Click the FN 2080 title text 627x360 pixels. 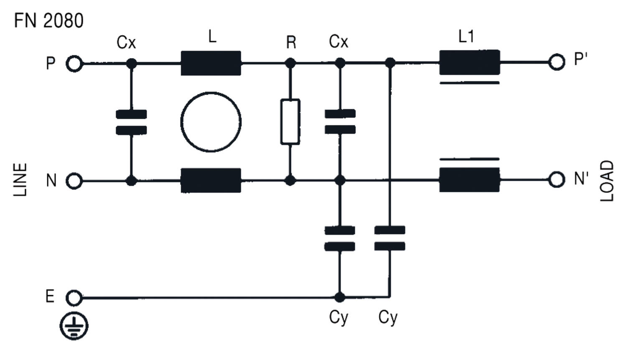[x=48, y=20]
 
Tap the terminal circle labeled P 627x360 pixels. [x=74, y=64]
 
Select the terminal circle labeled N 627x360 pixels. [x=74, y=181]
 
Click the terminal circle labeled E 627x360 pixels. [x=74, y=298]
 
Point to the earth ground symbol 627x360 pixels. [x=74, y=326]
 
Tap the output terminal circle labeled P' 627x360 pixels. [x=556, y=62]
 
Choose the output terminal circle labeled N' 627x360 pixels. [x=556, y=180]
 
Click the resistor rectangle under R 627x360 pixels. [x=290, y=122]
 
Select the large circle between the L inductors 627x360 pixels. [x=211, y=122]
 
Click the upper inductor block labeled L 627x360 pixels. [x=211, y=63]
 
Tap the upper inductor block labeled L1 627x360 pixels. [x=469, y=62]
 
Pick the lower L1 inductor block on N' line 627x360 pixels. [x=469, y=180]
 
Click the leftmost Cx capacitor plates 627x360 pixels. [x=131, y=122]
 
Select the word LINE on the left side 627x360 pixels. [x=20, y=180]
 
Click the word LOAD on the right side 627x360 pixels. [x=607, y=181]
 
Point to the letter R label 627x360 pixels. [x=291, y=42]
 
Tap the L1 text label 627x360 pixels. [x=466, y=37]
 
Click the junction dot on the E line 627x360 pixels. [x=340, y=297]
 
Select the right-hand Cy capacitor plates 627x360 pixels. [x=390, y=238]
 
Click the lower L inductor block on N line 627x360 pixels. [x=211, y=181]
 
